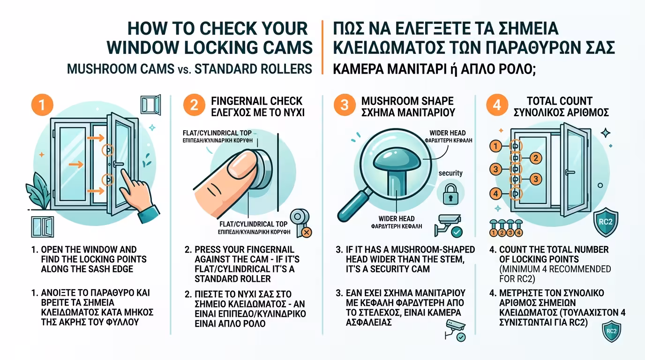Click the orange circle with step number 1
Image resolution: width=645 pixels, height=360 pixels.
[x=42, y=105]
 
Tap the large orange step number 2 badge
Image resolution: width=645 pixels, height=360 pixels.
[x=194, y=105]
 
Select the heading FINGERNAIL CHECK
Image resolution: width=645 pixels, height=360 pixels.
[x=257, y=101]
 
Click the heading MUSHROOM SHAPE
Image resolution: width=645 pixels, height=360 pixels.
[x=407, y=101]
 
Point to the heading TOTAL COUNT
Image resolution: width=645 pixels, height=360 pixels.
[x=560, y=101]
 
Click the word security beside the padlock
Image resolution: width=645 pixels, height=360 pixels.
[x=450, y=173]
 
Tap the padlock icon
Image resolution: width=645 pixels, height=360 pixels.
[x=450, y=195]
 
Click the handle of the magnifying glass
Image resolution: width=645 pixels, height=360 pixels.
[x=352, y=205]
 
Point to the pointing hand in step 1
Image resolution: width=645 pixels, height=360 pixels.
[x=138, y=196]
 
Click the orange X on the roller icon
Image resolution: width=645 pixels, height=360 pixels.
[x=307, y=232]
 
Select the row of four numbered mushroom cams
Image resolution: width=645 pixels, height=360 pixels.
[x=506, y=228]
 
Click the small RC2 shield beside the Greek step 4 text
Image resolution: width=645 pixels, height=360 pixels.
[x=611, y=331]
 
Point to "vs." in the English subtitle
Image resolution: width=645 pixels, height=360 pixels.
[x=184, y=70]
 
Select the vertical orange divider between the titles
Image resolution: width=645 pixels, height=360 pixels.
[x=322, y=47]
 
